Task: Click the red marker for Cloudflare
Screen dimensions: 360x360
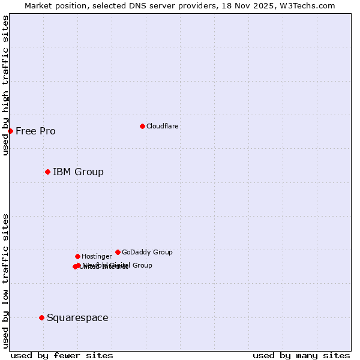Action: tap(142, 126)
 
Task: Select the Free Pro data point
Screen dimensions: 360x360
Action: tap(10, 131)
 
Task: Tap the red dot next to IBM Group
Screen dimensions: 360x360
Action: tap(47, 172)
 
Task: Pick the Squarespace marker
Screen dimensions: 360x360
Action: tap(41, 317)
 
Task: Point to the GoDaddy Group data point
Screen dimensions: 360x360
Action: tap(118, 252)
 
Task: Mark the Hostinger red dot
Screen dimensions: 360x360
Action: tap(77, 256)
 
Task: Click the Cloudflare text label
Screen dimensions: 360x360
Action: tap(162, 126)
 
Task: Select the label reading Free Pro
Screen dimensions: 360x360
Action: tap(35, 131)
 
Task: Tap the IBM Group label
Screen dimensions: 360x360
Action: tap(78, 172)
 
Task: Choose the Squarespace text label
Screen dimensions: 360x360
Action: tap(77, 318)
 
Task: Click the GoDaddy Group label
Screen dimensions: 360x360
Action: tap(147, 252)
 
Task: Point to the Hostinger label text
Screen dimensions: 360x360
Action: tap(97, 256)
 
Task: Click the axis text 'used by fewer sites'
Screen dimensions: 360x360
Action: tap(62, 356)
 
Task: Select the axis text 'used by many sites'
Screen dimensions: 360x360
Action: tap(301, 356)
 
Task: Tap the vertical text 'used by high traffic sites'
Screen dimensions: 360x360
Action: tap(5, 85)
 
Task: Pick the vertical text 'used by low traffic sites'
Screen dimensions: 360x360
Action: tap(5, 281)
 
